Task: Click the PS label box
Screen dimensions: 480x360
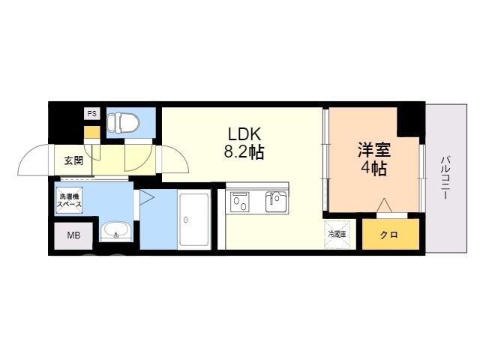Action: coord(92,113)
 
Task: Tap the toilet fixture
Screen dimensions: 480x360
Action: coord(123,123)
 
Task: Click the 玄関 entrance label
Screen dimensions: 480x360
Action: coord(73,160)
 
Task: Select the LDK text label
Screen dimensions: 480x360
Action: coord(244,134)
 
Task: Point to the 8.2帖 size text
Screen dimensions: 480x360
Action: coord(244,151)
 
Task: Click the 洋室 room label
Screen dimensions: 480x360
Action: coord(374,150)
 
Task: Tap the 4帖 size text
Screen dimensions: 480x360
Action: coord(374,168)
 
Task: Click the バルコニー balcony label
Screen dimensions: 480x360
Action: coord(445,178)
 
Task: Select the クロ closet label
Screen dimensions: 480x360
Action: coord(389,235)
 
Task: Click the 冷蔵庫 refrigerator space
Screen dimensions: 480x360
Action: coord(337,235)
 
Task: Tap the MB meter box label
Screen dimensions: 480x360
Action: coord(73,235)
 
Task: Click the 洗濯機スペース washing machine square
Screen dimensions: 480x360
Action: coord(70,200)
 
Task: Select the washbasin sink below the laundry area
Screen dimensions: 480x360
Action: coord(115,232)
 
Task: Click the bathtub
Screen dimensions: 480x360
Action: coord(194,219)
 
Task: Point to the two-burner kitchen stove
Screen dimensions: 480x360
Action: coord(240,202)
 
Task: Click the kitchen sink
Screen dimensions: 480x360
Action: coord(276,202)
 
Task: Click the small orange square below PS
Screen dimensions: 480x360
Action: coord(91,132)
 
